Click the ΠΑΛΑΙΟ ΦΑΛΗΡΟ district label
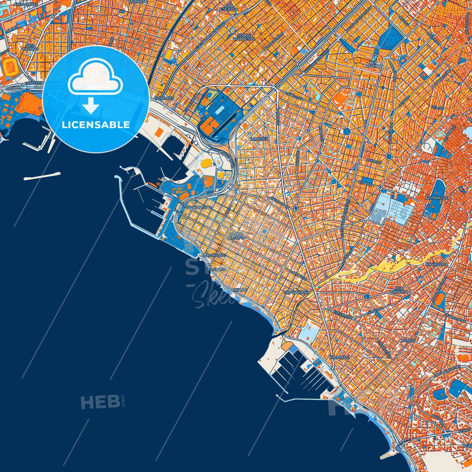pyautogui.click(x=236, y=236)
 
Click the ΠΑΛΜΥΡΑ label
pyautogui.click(x=217, y=270)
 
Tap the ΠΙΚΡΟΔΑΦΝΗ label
pyautogui.click(x=296, y=293)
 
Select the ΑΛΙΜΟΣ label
pyautogui.click(x=408, y=340)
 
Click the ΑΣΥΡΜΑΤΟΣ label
pyautogui.click(x=437, y=198)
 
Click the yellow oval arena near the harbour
pyautogui.click(x=206, y=162)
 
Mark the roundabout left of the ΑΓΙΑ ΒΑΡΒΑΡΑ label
pyautogui.click(x=366, y=296)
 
